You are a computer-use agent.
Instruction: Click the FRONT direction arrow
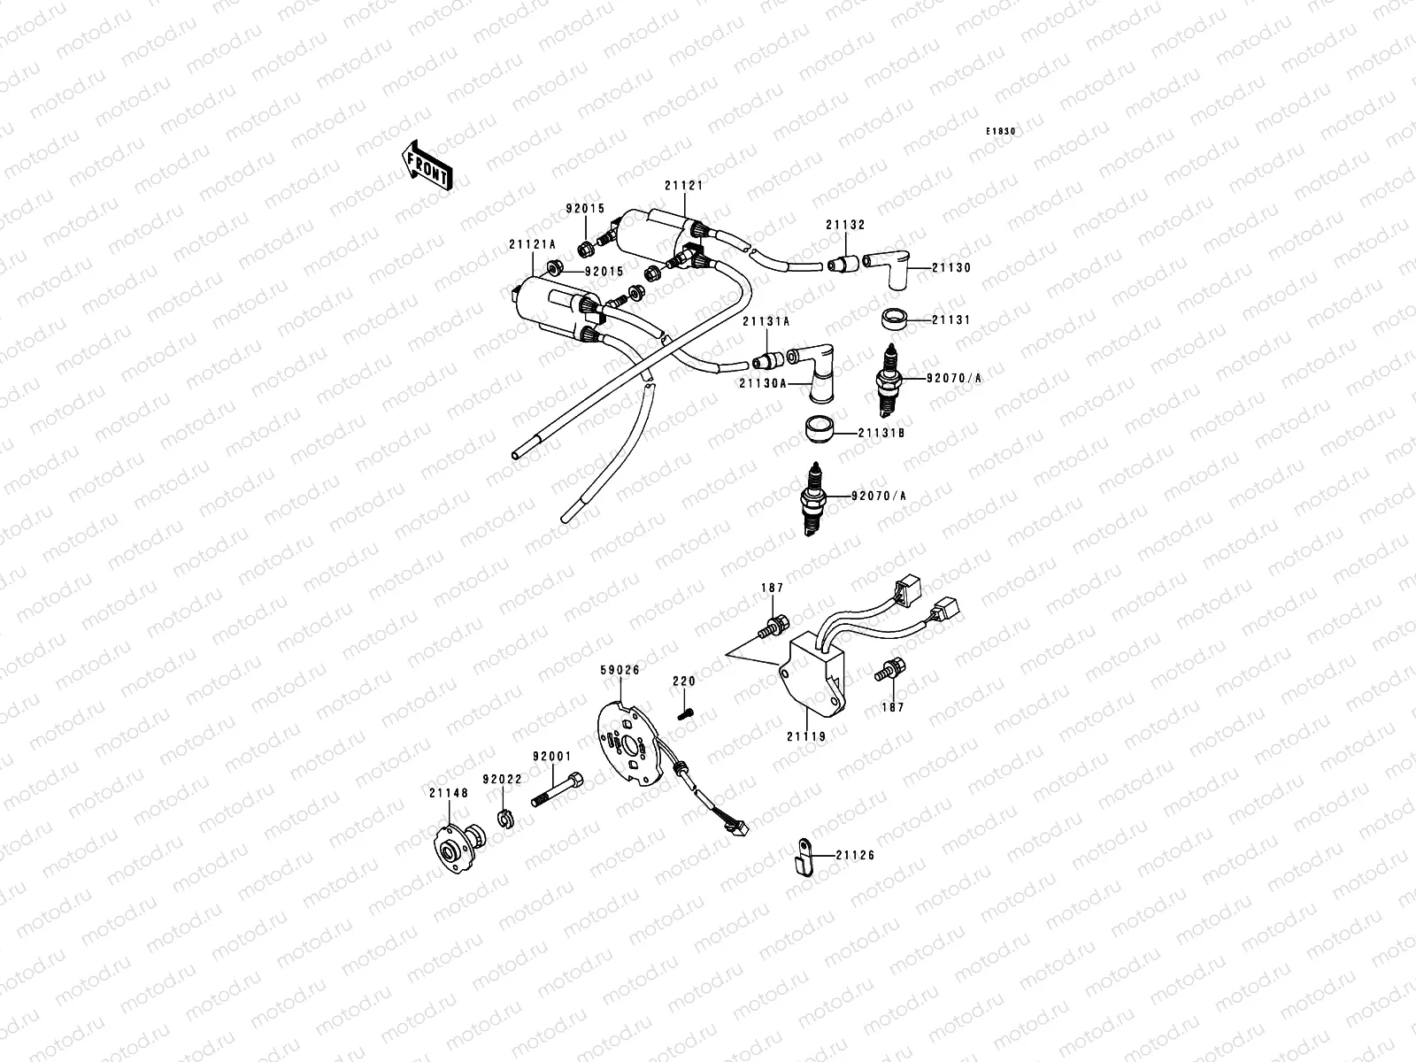click(428, 165)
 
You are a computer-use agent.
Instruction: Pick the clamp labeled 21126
click(802, 856)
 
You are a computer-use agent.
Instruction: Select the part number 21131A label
click(766, 322)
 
